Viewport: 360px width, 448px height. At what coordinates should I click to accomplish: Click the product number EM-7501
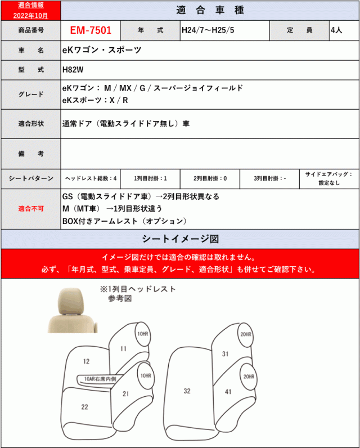pyautogui.click(x=90, y=30)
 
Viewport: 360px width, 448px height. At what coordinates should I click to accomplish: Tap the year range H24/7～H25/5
pyautogui.click(x=208, y=30)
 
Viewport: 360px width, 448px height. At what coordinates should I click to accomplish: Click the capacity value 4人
pyautogui.click(x=336, y=30)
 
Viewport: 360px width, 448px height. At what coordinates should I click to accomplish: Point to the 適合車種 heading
pyautogui.click(x=209, y=10)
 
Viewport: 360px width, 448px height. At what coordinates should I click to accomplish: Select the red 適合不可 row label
pyautogui.click(x=30, y=209)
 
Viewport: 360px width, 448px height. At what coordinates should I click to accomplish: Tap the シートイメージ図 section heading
pyautogui.click(x=180, y=238)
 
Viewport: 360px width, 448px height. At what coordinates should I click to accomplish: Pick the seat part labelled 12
pyautogui.click(x=86, y=362)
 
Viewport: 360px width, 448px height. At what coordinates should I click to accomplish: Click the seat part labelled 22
pyautogui.click(x=84, y=407)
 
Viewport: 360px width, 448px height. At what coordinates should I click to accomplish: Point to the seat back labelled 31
pyautogui.click(x=225, y=354)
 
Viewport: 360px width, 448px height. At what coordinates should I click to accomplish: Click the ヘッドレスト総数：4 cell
pyautogui.click(x=90, y=178)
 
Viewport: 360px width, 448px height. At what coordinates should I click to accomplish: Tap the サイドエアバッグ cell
pyautogui.click(x=328, y=178)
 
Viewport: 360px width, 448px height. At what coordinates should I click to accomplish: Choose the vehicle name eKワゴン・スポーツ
pyautogui.click(x=101, y=50)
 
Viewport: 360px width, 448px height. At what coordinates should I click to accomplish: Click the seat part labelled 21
pyautogui.click(x=126, y=394)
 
